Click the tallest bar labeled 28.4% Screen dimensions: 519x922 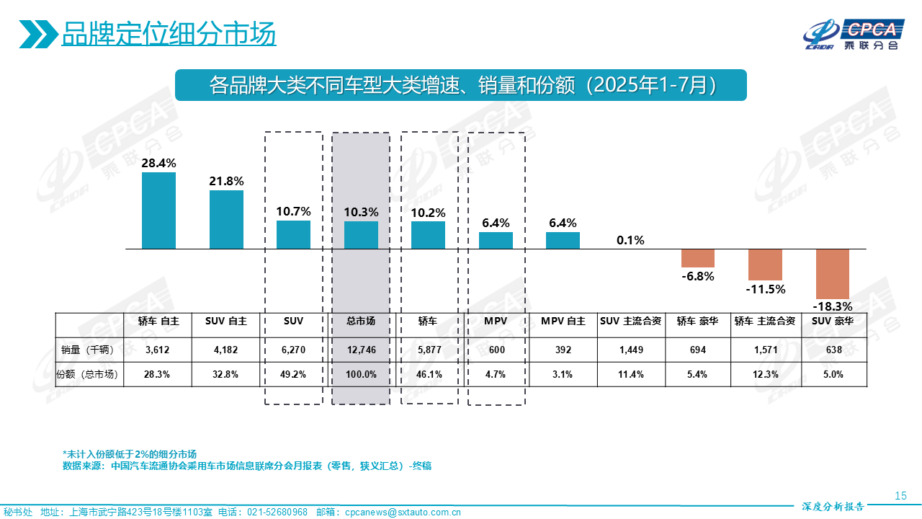[x=158, y=210]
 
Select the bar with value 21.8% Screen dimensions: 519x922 [x=226, y=219]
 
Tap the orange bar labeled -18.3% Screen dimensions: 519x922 [x=833, y=274]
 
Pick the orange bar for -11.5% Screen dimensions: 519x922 [x=765, y=265]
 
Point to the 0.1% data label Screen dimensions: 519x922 [x=630, y=240]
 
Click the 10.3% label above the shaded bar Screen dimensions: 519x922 [x=361, y=212]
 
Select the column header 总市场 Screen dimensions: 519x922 [x=361, y=321]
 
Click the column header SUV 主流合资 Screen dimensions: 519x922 [x=630, y=321]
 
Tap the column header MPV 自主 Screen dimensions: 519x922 [x=563, y=321]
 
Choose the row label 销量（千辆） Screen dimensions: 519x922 [x=89, y=350]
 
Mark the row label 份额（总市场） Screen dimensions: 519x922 [x=89, y=374]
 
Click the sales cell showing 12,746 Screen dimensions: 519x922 [x=361, y=350]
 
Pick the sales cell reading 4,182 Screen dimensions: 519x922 [x=226, y=350]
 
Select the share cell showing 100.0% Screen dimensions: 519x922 [x=361, y=374]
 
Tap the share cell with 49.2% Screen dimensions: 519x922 [x=293, y=374]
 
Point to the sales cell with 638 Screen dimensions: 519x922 [x=833, y=350]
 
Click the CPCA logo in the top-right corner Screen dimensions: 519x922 [x=854, y=35]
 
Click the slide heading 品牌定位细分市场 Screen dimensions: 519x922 [x=169, y=34]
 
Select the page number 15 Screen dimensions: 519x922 [x=900, y=495]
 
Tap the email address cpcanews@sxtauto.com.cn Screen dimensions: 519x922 [x=403, y=512]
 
